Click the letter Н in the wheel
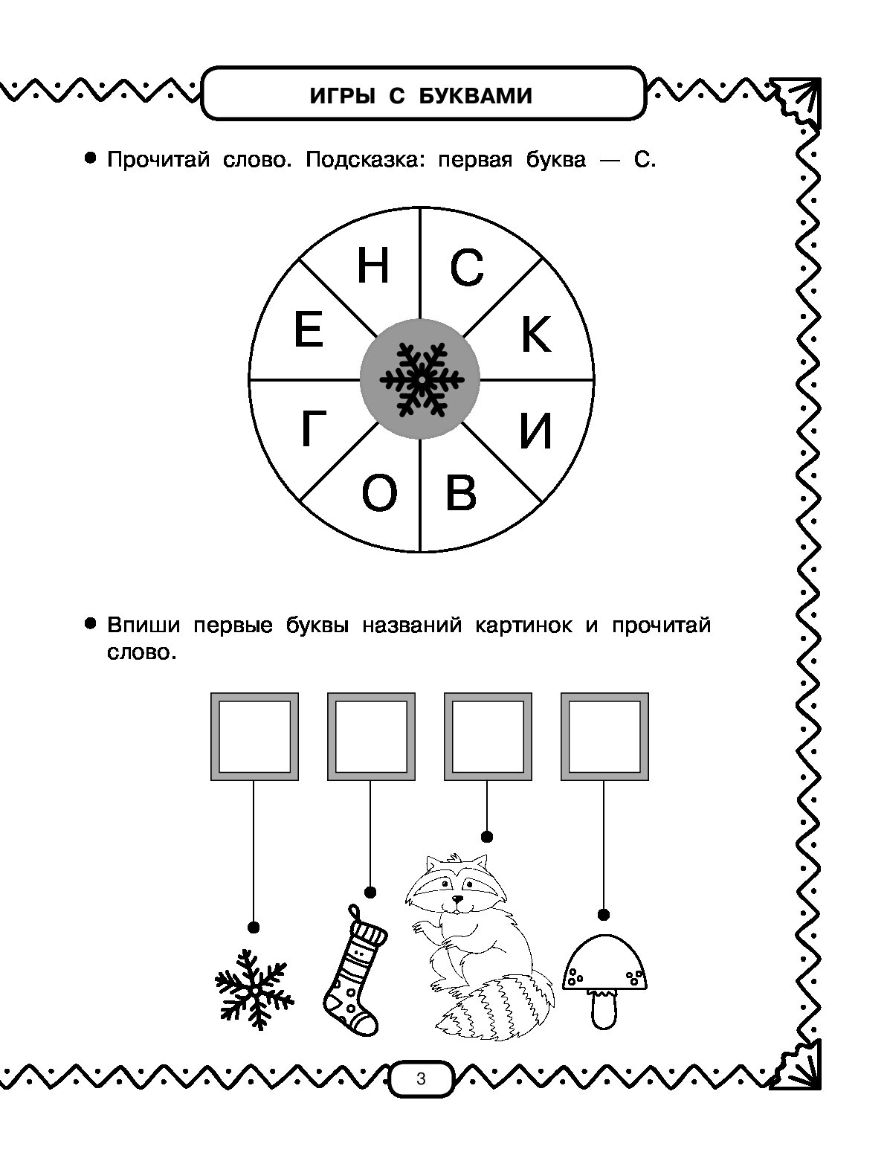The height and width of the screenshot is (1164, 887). pos(373,266)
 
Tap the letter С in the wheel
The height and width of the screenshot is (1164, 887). pos(467,268)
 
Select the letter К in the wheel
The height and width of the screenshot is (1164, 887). pos(536,334)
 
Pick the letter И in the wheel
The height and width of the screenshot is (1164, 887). pos(536,431)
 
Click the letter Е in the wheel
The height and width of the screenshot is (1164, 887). pos(309,329)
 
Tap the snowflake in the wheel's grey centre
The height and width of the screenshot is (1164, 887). pos(422,379)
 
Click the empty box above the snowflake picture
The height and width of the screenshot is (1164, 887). pos(254,736)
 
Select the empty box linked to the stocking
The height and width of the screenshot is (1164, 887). pos(371,736)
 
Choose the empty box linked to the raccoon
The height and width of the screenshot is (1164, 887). pos(488,736)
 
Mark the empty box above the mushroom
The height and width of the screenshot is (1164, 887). pos(604,736)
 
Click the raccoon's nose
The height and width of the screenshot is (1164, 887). pos(458,899)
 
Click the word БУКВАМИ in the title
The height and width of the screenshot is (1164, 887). pos(475,97)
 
